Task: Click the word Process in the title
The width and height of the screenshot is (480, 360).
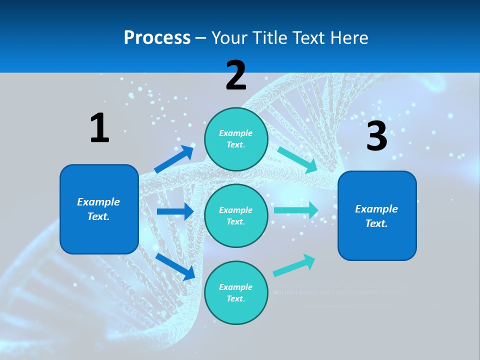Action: (x=157, y=37)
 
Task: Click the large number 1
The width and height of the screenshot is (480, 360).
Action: (x=99, y=128)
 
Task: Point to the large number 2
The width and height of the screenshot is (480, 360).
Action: (x=236, y=75)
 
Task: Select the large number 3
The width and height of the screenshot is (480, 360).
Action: (x=377, y=136)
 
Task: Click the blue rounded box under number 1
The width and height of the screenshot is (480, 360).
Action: (x=99, y=209)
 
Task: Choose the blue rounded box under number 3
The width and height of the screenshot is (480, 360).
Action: (x=377, y=215)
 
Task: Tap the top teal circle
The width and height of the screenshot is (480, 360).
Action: (x=236, y=139)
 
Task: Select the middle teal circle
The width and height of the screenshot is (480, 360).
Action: (x=236, y=215)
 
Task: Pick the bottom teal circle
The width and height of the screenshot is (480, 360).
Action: (x=236, y=292)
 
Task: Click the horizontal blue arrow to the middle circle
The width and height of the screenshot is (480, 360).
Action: (x=175, y=211)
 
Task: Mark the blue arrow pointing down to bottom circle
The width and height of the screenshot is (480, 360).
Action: (x=175, y=266)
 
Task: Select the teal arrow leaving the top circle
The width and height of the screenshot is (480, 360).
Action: (x=297, y=159)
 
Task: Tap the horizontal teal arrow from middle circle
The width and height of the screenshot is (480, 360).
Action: (x=295, y=210)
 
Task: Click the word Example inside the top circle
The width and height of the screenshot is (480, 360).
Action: (x=236, y=133)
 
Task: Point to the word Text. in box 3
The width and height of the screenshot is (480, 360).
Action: (x=376, y=223)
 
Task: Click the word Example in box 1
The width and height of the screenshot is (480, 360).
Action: (x=98, y=202)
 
